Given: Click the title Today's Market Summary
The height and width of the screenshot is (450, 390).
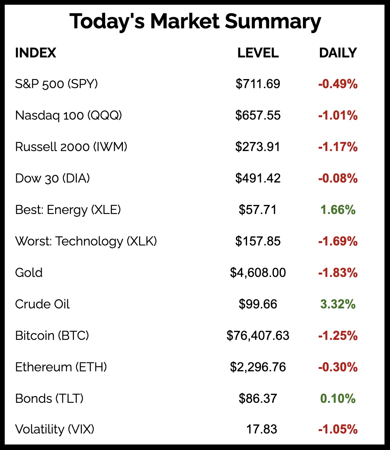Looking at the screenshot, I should [195, 22].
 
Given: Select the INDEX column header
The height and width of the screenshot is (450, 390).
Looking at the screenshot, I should [35, 53].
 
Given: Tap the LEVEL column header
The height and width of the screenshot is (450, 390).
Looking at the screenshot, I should [258, 53].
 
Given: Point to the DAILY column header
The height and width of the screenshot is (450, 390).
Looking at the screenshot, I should [338, 53].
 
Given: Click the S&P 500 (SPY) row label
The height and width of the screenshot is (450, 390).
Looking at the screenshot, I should [56, 84].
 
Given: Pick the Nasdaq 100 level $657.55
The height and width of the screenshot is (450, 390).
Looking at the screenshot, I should [258, 115].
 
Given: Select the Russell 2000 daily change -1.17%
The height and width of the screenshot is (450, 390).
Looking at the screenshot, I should [338, 147].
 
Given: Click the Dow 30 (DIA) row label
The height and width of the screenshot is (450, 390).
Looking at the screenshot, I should [52, 178].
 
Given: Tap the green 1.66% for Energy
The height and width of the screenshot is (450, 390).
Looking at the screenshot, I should [338, 210].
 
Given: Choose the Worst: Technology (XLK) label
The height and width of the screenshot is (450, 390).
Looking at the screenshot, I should [86, 241].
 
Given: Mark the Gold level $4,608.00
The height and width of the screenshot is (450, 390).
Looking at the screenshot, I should [258, 273].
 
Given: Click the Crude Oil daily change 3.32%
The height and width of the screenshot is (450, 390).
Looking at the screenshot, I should [338, 304].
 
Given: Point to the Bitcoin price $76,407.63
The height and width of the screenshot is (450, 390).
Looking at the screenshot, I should [258, 336].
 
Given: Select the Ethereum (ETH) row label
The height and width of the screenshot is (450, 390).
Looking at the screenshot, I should [61, 367].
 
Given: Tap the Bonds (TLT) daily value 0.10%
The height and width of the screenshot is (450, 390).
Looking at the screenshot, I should [338, 398].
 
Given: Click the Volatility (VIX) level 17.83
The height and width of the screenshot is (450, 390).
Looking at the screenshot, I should [262, 429].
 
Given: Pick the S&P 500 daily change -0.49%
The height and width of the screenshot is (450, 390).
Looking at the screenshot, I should [338, 84].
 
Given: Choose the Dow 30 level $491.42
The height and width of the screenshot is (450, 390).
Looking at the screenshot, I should [258, 178].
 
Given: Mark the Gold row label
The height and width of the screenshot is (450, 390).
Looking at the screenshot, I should [29, 273].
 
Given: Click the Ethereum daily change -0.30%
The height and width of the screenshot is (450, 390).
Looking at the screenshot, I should [338, 367].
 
